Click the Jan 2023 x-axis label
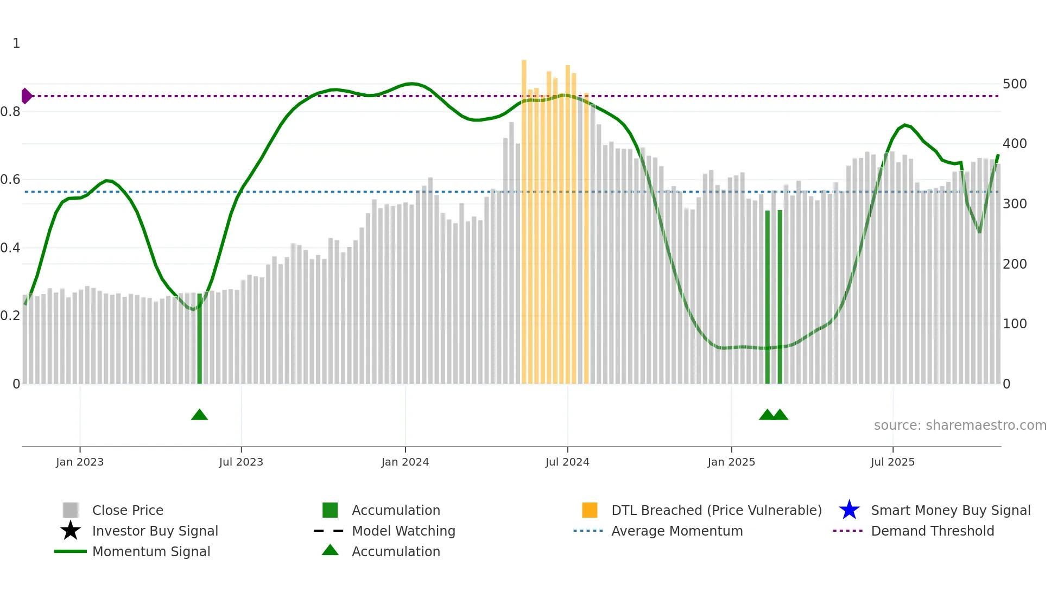[x=80, y=462]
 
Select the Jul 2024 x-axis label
[x=567, y=462]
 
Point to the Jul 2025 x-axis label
[x=892, y=462]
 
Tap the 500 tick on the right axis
[x=1015, y=84]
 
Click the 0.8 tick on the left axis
[x=10, y=112]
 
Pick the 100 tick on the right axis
[x=1015, y=324]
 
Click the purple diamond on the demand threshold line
[x=26, y=96]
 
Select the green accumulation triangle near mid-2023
[x=199, y=415]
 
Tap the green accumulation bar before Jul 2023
[x=199, y=339]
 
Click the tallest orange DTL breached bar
[x=524, y=217]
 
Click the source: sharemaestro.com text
[x=960, y=425]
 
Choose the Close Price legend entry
[x=128, y=511]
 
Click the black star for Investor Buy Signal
[x=71, y=531]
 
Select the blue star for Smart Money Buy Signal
[x=849, y=510]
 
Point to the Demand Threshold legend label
[x=932, y=531]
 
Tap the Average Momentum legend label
[x=677, y=531]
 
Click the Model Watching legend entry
[x=403, y=531]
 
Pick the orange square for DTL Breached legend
[x=590, y=510]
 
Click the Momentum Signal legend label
[x=151, y=552]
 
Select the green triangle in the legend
[x=330, y=550]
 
